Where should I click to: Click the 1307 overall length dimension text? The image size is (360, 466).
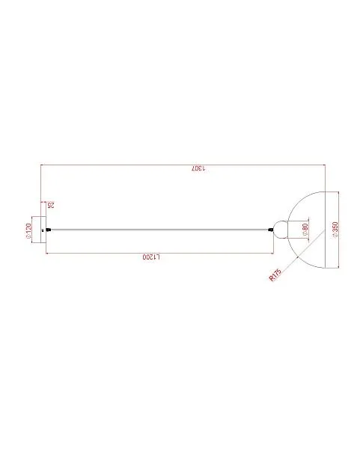click(198, 168)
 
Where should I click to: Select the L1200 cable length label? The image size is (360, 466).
click(151, 257)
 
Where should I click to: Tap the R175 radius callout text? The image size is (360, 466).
click(275, 275)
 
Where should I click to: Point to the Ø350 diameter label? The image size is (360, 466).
click(335, 230)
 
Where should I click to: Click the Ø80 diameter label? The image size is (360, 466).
click(305, 230)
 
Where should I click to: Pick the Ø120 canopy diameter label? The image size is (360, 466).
click(28, 230)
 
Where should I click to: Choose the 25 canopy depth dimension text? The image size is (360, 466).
click(51, 205)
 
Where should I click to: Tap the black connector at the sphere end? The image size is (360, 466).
click(270, 230)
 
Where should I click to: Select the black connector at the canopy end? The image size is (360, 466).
click(49, 230)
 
